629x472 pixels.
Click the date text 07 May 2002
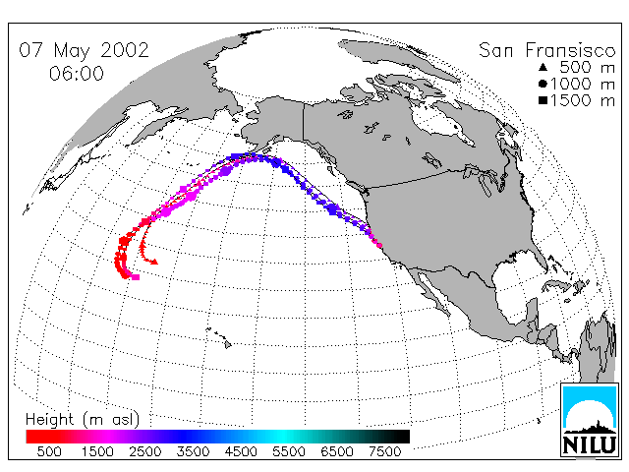(84, 50)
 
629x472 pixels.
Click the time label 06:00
(77, 74)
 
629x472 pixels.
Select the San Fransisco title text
(546, 50)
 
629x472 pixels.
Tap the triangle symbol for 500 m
(543, 67)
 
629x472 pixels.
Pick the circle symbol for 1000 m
(543, 84)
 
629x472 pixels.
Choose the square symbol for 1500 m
(543, 100)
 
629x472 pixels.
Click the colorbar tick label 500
(49, 451)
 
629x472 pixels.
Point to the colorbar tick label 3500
(193, 451)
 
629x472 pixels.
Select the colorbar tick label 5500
(288, 451)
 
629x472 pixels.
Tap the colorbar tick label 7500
(384, 451)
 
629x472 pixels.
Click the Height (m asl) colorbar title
(83, 420)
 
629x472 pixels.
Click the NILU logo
(589, 420)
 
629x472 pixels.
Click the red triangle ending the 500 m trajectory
(154, 263)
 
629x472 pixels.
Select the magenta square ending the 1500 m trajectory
(136, 277)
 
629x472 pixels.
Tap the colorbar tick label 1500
(97, 451)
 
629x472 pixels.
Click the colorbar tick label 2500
(144, 451)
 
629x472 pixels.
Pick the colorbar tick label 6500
(336, 451)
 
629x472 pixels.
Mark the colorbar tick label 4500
(241, 451)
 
